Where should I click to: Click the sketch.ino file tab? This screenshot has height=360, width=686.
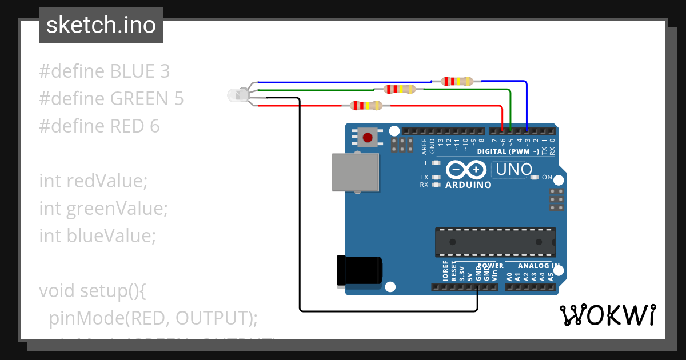point(101,25)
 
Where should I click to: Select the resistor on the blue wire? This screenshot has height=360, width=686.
point(457,81)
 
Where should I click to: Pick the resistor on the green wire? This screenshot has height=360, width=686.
point(400,89)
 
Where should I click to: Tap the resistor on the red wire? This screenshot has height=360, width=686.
point(366,105)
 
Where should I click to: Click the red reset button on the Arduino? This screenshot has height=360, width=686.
point(368,137)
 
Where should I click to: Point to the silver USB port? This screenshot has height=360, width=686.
point(355,172)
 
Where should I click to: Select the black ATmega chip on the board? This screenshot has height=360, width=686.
point(495,242)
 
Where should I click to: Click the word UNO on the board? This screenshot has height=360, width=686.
point(514,170)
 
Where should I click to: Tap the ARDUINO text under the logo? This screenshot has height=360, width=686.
point(468,185)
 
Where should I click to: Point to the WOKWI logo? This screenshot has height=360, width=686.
point(607,315)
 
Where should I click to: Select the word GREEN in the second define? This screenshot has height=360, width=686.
point(139,99)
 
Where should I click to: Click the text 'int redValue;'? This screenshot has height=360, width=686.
point(93,181)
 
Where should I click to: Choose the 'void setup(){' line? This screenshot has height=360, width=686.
point(93,291)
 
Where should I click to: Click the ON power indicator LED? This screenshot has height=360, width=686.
point(535,177)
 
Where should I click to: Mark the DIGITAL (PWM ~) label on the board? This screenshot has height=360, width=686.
point(508,151)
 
